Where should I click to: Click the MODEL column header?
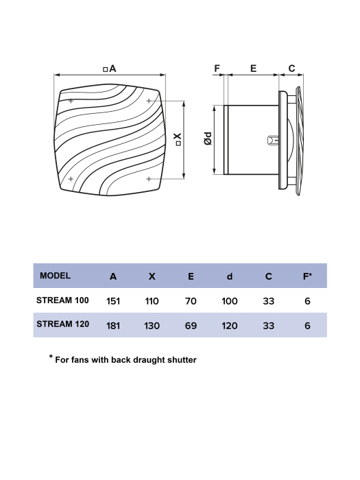point(56,276)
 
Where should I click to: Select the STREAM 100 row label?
point(62,300)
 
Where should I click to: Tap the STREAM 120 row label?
point(62,324)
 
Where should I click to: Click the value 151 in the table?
point(113,300)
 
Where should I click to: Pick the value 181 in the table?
point(113,326)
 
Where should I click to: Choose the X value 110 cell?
point(152,300)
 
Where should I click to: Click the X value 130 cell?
point(152,326)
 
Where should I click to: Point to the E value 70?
point(191,300)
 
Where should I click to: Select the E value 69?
point(191,326)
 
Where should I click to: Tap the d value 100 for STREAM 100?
point(230,300)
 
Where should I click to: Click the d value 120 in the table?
point(230,326)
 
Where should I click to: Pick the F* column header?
point(307,276)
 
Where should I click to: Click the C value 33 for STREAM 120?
point(269,326)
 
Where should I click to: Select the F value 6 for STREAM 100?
point(308,300)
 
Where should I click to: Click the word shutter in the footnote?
point(180,359)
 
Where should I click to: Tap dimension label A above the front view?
point(112,68)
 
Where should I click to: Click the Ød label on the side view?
point(207,139)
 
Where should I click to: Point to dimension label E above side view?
point(253,68)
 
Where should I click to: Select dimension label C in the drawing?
point(291,68)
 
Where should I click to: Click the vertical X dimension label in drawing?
point(178,139)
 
